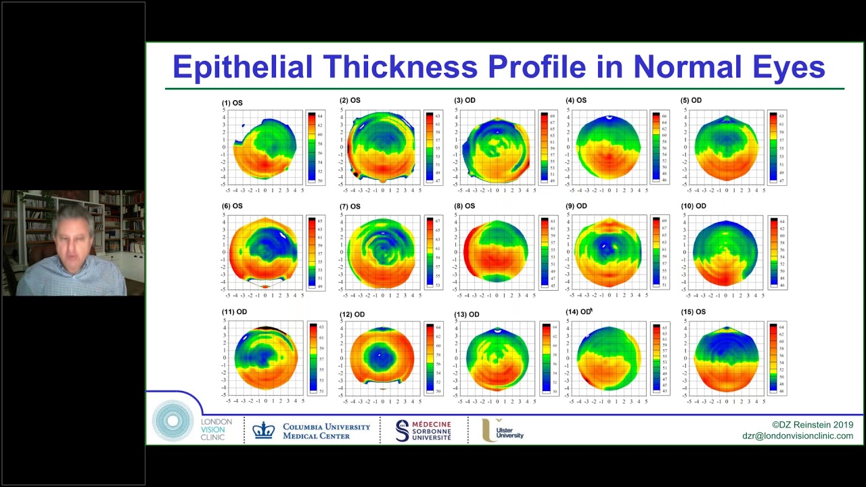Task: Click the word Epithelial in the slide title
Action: click(242, 68)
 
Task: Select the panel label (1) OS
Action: click(232, 103)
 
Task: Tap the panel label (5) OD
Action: click(691, 101)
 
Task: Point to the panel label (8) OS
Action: click(465, 206)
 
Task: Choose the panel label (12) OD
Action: click(352, 315)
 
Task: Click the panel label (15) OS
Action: click(691, 312)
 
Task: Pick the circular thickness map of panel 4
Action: click(608, 147)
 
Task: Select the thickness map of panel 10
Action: click(725, 252)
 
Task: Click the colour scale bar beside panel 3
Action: click(544, 148)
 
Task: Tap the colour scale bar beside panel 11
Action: click(313, 358)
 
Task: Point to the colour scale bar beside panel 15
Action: click(773, 358)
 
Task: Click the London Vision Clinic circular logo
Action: click(173, 421)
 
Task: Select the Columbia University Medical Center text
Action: click(326, 431)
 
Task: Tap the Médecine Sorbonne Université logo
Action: click(424, 430)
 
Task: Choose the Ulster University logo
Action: click(503, 430)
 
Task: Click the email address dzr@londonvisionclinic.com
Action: click(797, 436)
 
